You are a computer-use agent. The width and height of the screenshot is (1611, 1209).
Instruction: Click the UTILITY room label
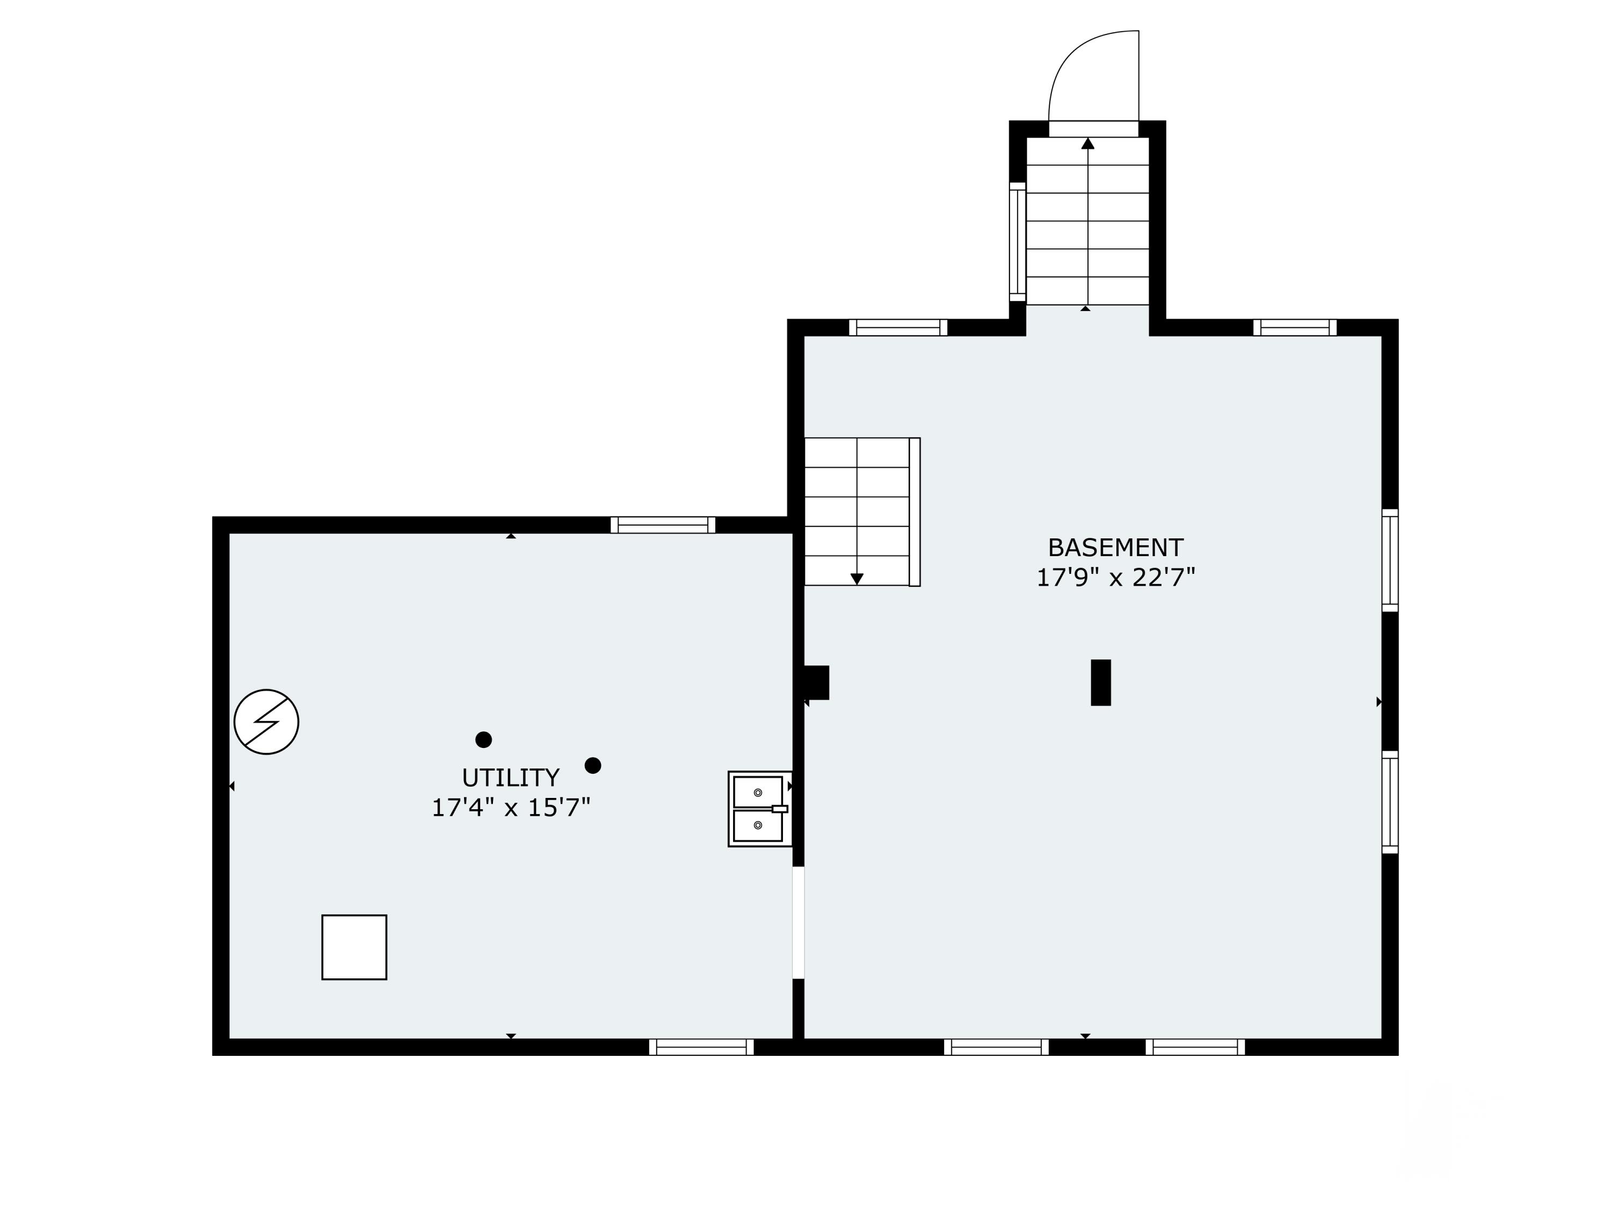[x=511, y=778]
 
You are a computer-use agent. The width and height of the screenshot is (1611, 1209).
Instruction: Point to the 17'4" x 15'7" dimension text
[x=511, y=808]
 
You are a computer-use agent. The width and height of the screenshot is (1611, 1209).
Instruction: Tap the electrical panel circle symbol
[x=266, y=722]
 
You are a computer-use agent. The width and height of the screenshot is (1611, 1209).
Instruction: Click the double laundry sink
[x=760, y=809]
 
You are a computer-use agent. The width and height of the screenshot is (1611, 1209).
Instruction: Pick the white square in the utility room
[x=354, y=947]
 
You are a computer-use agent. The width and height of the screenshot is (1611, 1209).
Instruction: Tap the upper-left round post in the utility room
[x=484, y=740]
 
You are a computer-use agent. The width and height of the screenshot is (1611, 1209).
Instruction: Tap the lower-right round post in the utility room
[x=593, y=765]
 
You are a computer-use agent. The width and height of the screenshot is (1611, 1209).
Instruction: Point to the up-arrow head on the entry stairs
[x=1087, y=143]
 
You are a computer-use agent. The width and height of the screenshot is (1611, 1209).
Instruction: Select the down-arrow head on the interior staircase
[x=857, y=579]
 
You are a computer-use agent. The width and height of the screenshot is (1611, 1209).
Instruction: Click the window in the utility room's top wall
[x=663, y=524]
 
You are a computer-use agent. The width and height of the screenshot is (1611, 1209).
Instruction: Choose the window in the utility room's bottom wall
[x=701, y=1047]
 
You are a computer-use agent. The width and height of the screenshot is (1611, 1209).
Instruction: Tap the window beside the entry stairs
[x=1018, y=242]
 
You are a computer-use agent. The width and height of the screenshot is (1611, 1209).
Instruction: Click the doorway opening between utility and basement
[x=798, y=923]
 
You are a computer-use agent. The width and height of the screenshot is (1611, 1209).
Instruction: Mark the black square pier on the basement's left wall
[x=816, y=683]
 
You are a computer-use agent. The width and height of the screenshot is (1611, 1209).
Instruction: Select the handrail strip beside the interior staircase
[x=915, y=512]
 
